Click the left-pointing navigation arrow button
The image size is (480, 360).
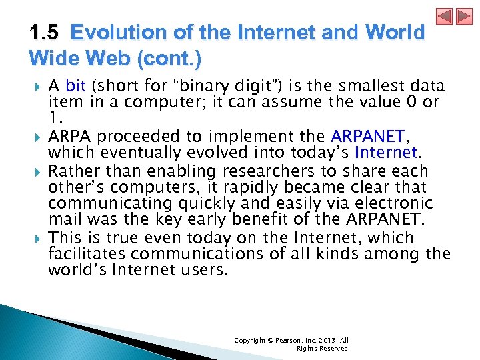click(x=444, y=16)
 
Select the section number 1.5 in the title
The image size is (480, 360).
click(x=45, y=33)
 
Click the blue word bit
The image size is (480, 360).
click(x=76, y=87)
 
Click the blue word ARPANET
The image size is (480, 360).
click(x=368, y=137)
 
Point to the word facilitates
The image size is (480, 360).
click(x=87, y=254)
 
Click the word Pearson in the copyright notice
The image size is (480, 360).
click(x=285, y=341)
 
